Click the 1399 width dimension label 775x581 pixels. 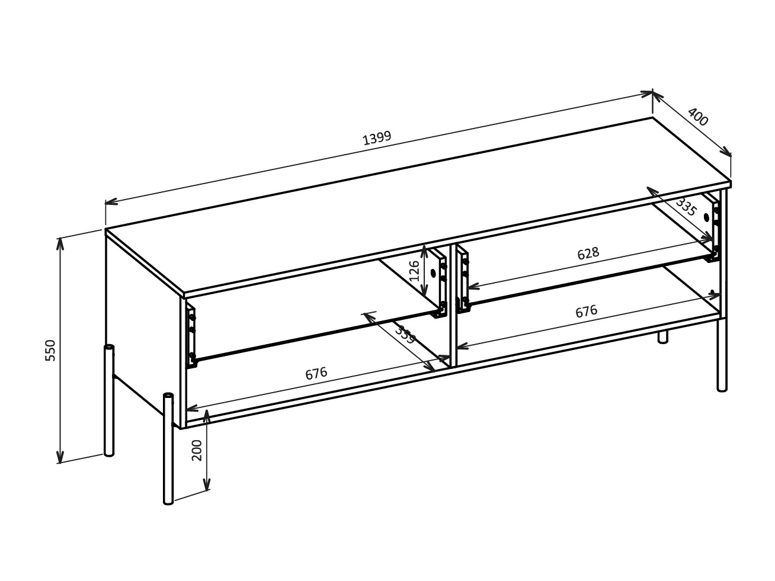(x=377, y=138)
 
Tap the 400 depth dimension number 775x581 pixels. (x=698, y=117)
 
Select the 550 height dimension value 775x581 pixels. (x=50, y=350)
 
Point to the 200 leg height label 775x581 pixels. (x=196, y=451)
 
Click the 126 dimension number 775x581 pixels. (x=414, y=271)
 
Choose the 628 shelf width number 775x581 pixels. (x=588, y=253)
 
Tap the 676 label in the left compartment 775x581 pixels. (x=316, y=373)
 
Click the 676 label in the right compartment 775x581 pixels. (x=587, y=312)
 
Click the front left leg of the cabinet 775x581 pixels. (x=169, y=449)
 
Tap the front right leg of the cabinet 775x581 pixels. (x=722, y=355)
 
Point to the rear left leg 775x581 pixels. (x=109, y=400)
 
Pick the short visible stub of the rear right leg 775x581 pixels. (x=663, y=336)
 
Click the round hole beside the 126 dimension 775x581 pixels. (x=433, y=273)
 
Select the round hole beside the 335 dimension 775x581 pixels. (x=706, y=217)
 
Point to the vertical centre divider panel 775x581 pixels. (x=453, y=306)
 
